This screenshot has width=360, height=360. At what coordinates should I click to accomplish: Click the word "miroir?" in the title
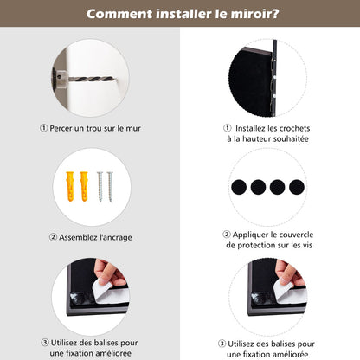point(254,14)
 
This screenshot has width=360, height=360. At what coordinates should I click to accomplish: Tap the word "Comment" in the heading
point(121,14)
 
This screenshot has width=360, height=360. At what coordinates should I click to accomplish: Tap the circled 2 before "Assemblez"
point(53,236)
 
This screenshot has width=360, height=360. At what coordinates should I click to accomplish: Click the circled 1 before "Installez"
point(227,128)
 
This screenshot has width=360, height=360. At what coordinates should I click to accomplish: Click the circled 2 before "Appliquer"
point(227,235)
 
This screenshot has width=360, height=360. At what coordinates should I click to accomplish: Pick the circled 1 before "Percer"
point(44,128)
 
